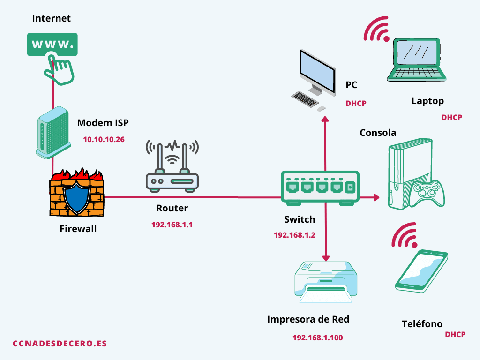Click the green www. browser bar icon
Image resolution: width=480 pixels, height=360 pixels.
click(52, 45)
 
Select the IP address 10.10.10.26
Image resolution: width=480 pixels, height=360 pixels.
click(104, 140)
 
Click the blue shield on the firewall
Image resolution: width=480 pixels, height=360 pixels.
click(76, 196)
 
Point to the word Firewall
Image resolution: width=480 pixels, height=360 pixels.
click(78, 229)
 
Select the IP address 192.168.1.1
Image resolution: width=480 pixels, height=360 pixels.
click(172, 225)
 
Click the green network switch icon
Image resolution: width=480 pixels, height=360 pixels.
click(320, 188)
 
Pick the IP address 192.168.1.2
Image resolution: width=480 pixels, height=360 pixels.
click(294, 235)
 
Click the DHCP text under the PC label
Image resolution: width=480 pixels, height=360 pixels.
click(356, 104)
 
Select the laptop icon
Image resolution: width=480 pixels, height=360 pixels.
click(416, 60)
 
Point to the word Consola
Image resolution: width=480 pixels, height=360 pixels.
click(378, 133)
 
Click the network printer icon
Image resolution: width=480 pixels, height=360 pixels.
click(326, 282)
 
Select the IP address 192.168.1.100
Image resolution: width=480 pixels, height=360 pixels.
click(318, 337)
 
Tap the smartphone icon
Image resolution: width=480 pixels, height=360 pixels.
click(421, 271)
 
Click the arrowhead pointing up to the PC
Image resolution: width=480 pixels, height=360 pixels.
click(325, 120)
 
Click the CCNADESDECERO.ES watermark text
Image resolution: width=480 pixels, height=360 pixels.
click(60, 344)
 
